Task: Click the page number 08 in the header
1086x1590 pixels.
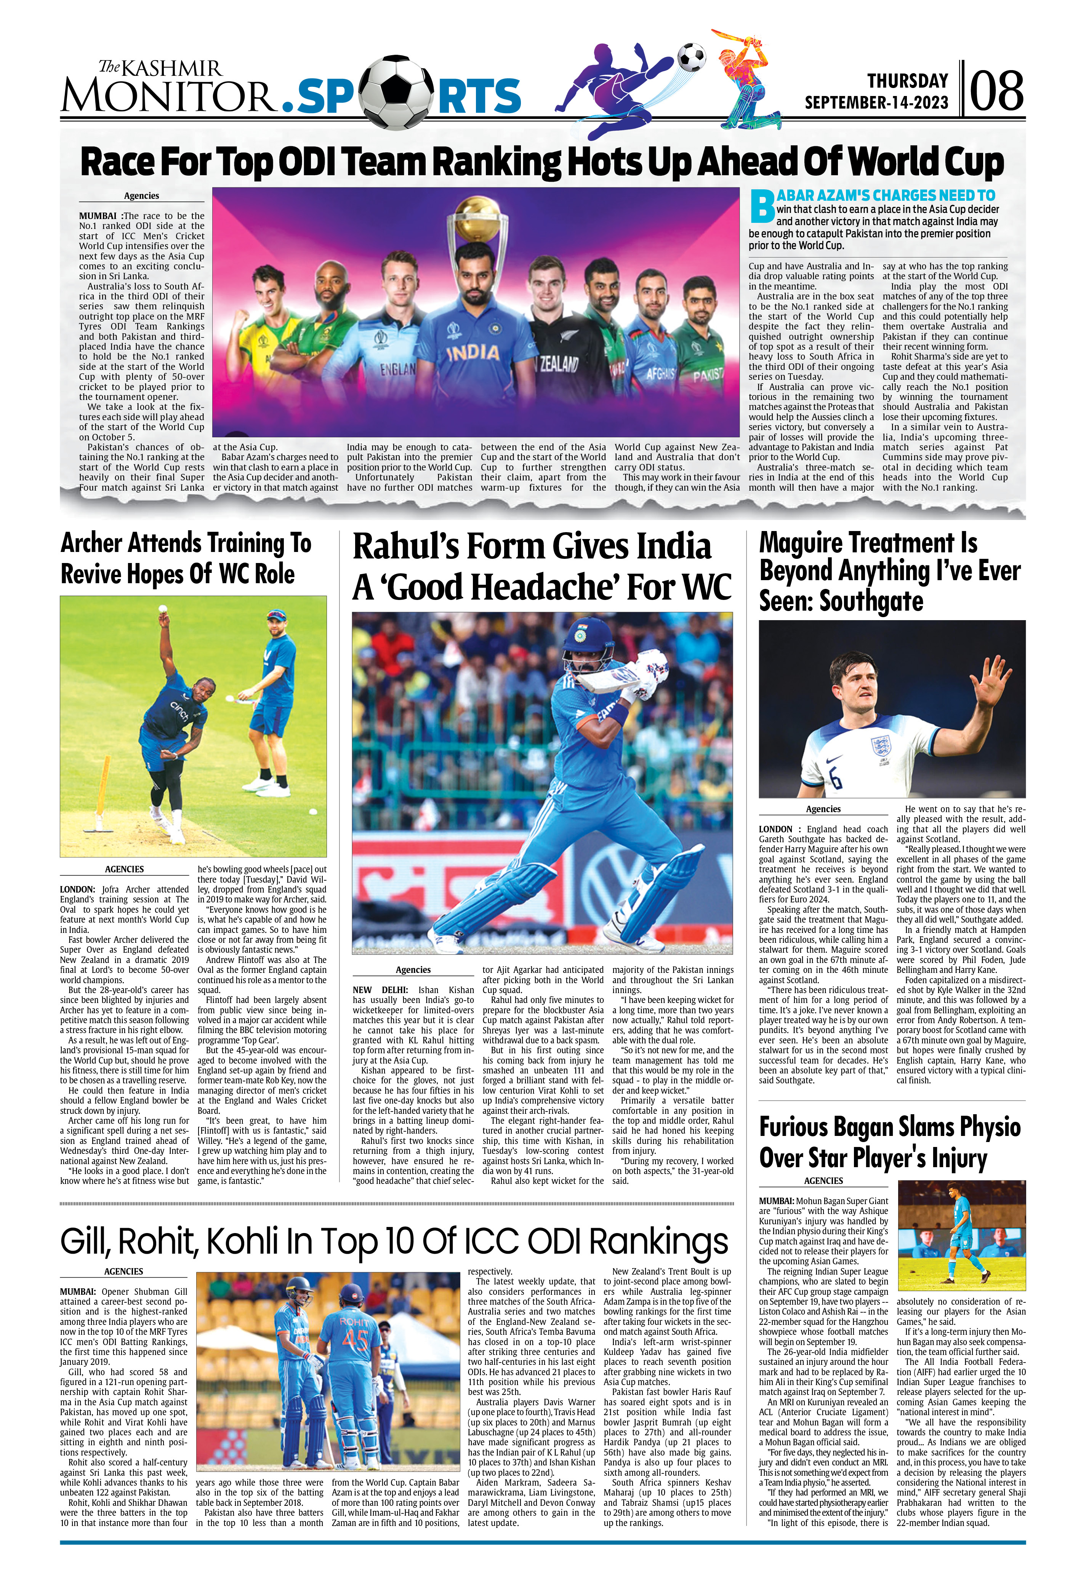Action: pos(996,91)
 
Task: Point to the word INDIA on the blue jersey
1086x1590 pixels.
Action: pos(474,353)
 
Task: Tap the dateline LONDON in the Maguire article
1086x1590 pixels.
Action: pos(776,829)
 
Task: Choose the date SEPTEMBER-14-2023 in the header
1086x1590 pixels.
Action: pos(876,102)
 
